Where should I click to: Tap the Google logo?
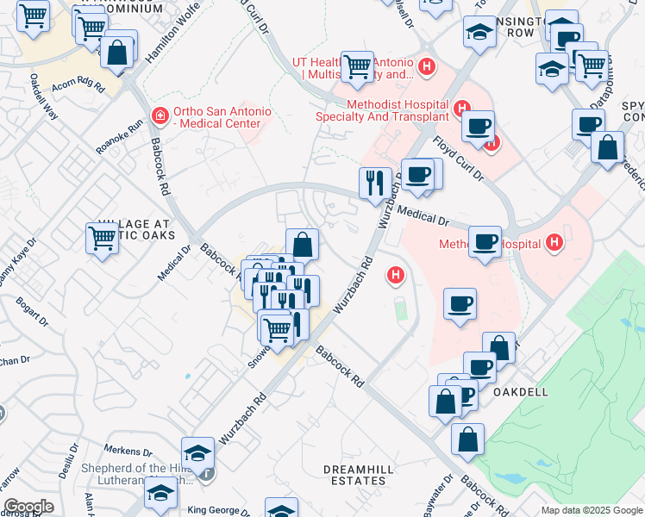[x=28, y=507]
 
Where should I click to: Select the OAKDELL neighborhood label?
[x=521, y=391]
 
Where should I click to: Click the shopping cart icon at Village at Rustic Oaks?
[x=102, y=237]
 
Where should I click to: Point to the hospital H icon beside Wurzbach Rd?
[x=396, y=276]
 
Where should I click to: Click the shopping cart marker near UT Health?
[x=356, y=66]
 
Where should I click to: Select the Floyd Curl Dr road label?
[x=458, y=158]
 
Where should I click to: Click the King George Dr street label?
[x=219, y=510]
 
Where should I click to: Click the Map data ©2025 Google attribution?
[x=592, y=510]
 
